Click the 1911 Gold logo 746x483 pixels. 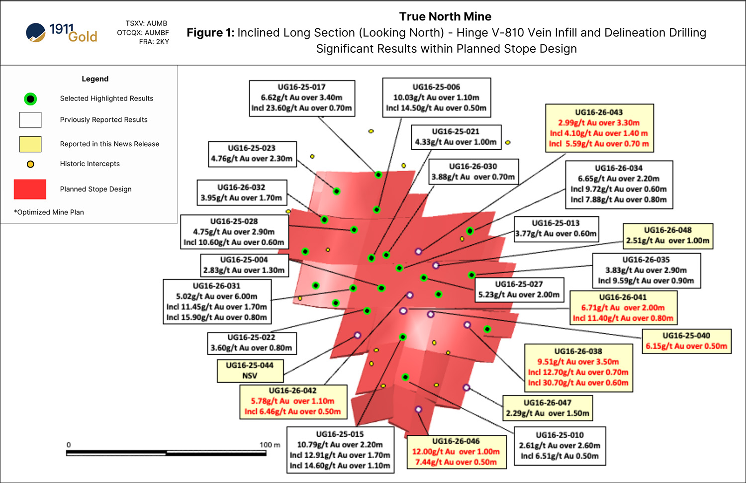[62, 33]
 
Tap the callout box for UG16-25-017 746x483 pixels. [301, 98]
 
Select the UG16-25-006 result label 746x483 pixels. [436, 97]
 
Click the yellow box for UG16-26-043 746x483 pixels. [599, 128]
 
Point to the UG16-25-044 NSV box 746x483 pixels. [250, 371]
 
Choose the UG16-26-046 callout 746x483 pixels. [456, 452]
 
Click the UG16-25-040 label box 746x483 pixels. [686, 341]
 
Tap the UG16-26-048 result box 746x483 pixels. [667, 235]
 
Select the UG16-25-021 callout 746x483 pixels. [456, 137]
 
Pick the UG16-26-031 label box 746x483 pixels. [217, 301]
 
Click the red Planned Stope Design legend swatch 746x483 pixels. [30, 189]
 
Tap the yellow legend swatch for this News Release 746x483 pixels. [30, 144]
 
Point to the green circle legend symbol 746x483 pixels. [30, 99]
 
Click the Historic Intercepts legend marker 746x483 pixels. [30, 164]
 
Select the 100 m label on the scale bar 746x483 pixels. [270, 445]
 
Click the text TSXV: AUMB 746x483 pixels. [146, 23]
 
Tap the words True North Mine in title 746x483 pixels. [445, 16]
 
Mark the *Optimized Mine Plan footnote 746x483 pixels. [49, 212]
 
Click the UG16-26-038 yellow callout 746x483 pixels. [578, 367]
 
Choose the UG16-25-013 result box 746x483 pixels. [556, 228]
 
